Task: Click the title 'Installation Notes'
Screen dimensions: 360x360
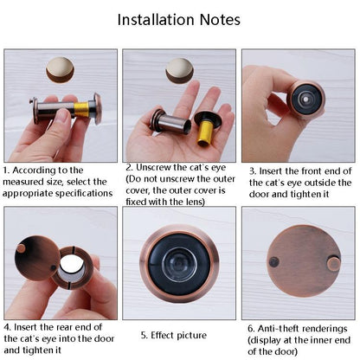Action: click(x=179, y=19)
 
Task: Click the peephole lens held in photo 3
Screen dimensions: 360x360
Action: click(x=305, y=100)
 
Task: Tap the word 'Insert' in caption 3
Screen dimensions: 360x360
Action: click(x=274, y=170)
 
